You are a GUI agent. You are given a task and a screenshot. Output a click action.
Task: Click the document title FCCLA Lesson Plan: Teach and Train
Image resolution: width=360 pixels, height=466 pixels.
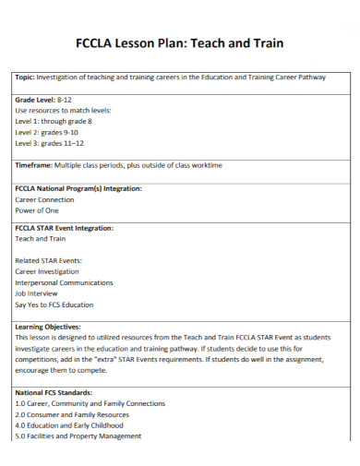coord(179,43)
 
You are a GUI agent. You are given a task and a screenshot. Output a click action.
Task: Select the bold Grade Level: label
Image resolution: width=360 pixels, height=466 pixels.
coord(36,99)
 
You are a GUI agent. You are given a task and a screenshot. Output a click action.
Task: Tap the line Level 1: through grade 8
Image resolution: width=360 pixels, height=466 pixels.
coord(54,121)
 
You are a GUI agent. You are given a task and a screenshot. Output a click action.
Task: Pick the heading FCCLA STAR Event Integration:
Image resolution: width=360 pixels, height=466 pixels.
coord(64,227)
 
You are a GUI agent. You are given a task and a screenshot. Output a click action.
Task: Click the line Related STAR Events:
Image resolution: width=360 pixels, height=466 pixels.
coord(51,260)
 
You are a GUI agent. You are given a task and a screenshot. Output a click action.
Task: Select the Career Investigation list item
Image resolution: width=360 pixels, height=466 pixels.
coord(47,271)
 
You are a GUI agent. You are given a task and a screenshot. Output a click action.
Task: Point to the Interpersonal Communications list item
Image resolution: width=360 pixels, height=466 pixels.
coord(64,282)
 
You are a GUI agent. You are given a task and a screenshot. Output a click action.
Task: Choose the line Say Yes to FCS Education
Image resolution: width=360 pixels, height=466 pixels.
coord(54,305)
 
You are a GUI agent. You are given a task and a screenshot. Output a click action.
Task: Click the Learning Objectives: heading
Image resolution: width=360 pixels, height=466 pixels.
coord(48,327)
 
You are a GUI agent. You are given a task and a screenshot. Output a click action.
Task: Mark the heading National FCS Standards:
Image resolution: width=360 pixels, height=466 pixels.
coord(54,392)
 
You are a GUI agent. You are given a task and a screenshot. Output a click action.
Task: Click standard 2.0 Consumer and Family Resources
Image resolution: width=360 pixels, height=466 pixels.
coord(71,414)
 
